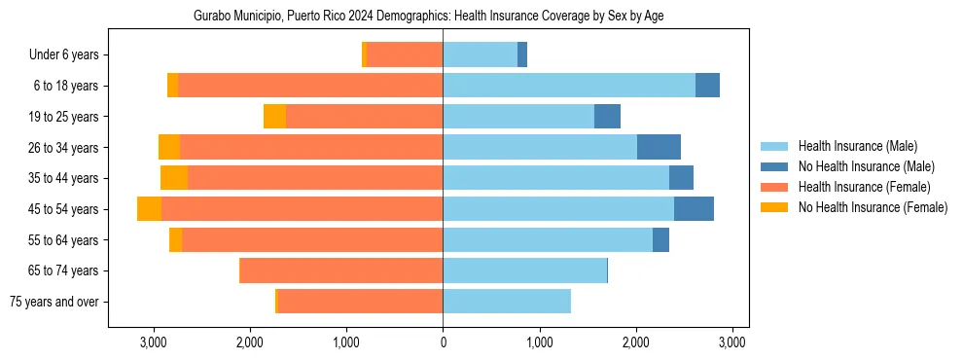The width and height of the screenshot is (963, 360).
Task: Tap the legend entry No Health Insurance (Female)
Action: [x=873, y=207]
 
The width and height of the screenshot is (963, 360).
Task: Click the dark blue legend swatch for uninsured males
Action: [x=775, y=166]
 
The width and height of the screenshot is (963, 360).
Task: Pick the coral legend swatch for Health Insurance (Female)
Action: [x=775, y=187]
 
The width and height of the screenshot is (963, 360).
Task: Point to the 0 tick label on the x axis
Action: [x=443, y=342]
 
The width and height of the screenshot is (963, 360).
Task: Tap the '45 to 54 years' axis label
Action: [x=63, y=209]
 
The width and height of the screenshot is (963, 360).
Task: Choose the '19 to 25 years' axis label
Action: [x=63, y=117]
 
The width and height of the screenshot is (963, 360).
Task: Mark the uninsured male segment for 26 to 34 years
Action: [x=659, y=147]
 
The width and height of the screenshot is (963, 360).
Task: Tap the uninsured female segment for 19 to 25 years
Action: [x=274, y=117]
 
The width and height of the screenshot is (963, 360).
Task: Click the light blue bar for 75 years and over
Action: [x=506, y=302]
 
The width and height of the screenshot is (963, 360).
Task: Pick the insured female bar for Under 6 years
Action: [x=405, y=55]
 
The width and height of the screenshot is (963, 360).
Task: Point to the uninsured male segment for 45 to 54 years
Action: [x=694, y=209]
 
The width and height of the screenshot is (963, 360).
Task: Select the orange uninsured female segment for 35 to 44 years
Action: [x=174, y=178]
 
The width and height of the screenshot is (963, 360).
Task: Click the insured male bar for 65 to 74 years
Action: [x=524, y=270]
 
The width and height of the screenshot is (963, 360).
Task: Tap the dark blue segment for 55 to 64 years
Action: [x=660, y=239]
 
